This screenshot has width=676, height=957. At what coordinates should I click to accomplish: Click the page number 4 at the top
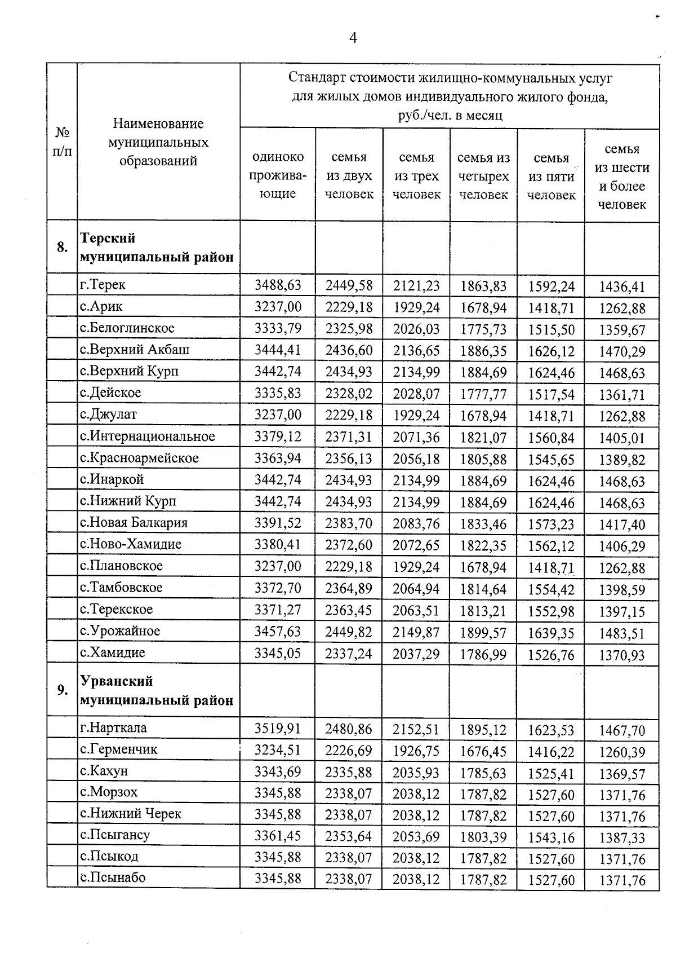click(353, 38)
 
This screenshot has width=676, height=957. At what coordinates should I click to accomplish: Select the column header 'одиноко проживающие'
click(278, 175)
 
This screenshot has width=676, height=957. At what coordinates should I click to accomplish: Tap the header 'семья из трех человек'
click(416, 175)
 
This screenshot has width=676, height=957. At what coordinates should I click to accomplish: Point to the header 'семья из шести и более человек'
click(622, 177)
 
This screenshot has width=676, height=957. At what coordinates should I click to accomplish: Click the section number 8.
click(62, 247)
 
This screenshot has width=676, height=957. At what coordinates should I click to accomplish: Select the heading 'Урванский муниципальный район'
click(157, 691)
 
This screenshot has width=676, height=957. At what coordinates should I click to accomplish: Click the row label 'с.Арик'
click(101, 307)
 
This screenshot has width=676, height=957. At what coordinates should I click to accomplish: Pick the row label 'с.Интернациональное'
click(148, 436)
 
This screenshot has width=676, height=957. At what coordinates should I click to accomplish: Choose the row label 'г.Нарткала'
click(113, 728)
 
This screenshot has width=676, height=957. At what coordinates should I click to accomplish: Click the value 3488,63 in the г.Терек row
click(278, 285)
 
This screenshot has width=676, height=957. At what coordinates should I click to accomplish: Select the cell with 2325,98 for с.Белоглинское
click(349, 329)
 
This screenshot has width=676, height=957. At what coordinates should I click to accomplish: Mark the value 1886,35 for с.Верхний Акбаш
click(483, 351)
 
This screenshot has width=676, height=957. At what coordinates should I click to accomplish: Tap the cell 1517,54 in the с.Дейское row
click(551, 394)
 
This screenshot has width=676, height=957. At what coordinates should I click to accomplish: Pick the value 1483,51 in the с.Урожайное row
click(622, 633)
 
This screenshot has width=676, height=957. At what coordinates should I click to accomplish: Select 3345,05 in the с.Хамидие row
click(278, 654)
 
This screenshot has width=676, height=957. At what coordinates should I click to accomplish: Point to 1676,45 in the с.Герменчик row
click(483, 752)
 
